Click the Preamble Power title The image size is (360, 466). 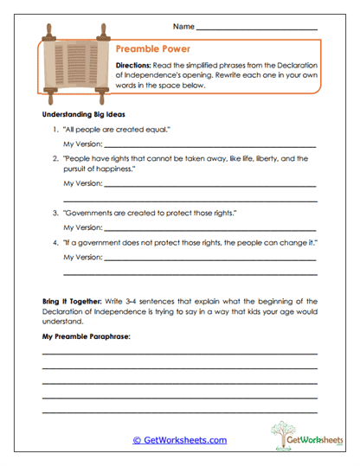(152, 49)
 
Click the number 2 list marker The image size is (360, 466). (55, 159)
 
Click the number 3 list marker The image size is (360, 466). (55, 212)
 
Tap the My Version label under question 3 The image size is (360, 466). (82, 227)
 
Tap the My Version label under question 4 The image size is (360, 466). (82, 258)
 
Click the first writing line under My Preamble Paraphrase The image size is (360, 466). (179, 353)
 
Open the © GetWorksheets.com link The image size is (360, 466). (179, 440)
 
